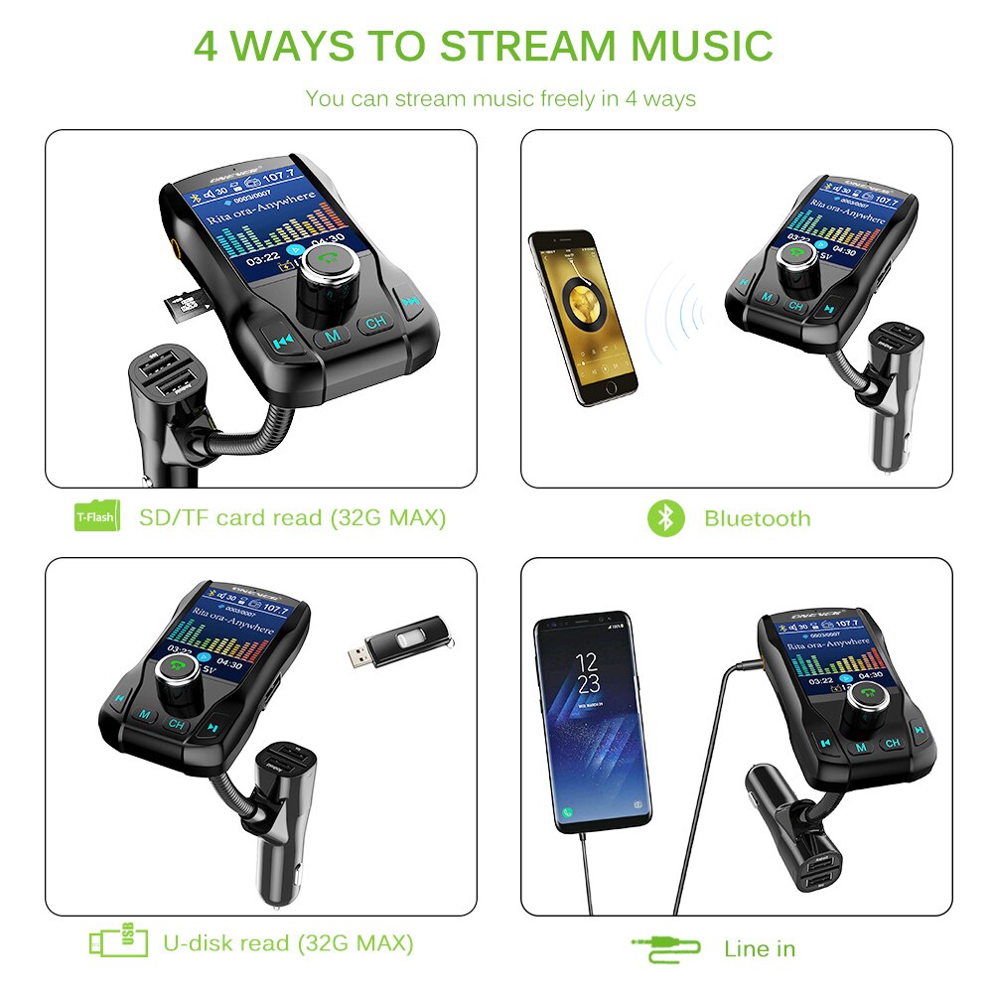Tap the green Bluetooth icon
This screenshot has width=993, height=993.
pos(666,517)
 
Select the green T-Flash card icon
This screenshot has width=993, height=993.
pos(97,517)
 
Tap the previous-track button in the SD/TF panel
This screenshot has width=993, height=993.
pos(282,341)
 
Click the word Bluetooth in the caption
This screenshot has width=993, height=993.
pos(757,518)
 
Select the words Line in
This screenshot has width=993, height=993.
pos(760,948)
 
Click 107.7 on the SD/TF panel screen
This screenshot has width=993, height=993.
pos(279,176)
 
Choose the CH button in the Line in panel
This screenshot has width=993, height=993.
pos(892,743)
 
